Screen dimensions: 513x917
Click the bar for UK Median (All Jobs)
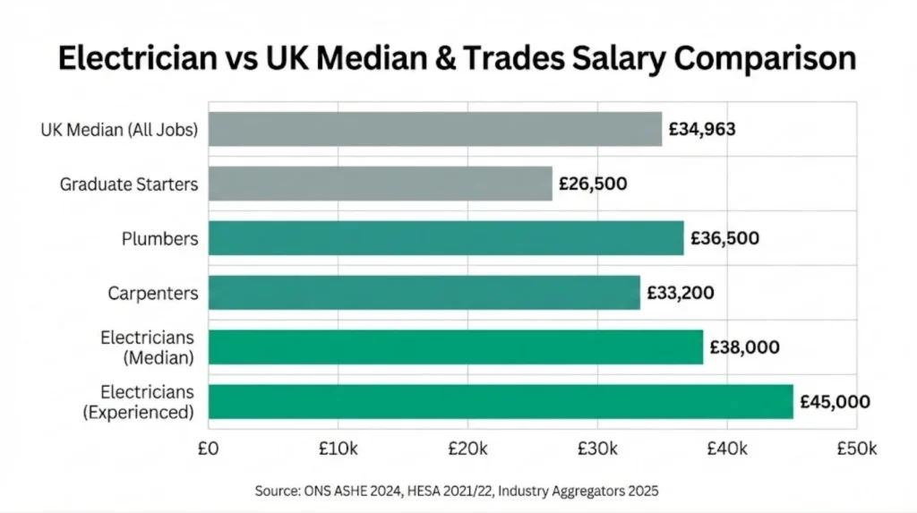(435, 129)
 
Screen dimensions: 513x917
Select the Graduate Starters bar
(381, 184)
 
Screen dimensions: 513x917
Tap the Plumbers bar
(446, 238)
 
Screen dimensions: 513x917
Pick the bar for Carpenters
(424, 293)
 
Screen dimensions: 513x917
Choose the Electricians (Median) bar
(456, 347)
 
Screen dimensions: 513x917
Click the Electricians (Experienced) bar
(501, 402)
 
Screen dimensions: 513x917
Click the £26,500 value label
(593, 184)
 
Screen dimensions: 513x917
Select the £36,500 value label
(724, 238)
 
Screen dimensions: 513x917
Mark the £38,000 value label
(744, 347)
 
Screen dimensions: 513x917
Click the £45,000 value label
(835, 402)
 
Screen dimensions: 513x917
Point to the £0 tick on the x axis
(208, 447)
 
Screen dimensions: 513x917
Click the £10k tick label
(337, 447)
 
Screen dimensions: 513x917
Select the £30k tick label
(596, 447)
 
